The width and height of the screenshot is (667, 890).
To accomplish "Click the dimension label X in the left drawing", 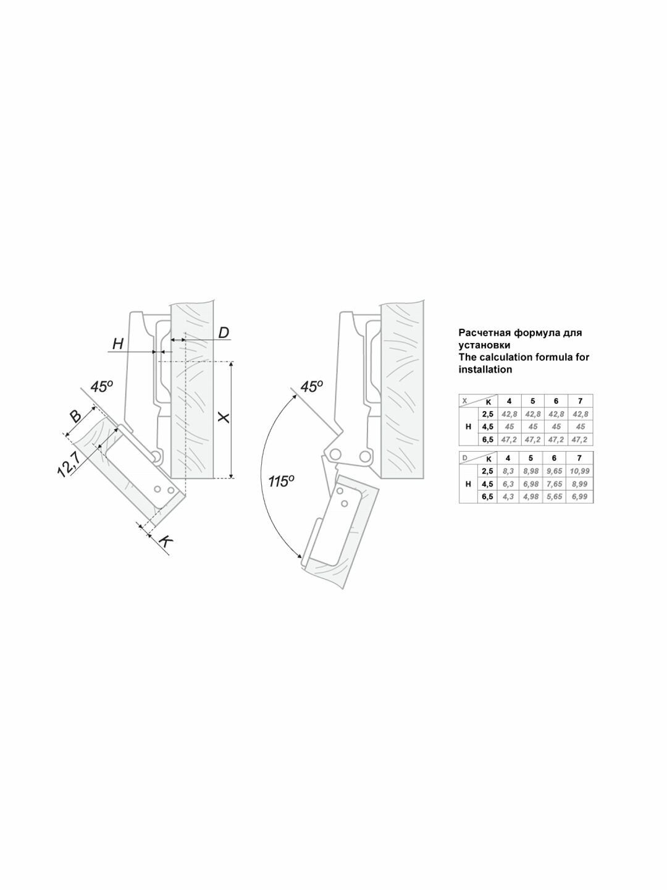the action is tap(224, 418).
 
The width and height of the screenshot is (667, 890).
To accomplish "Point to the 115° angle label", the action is tap(281, 481).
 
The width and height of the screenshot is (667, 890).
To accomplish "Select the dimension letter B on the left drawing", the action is tap(75, 417).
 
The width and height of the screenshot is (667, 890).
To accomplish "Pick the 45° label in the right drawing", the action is tap(311, 386).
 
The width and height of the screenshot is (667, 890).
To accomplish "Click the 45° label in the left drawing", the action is tap(101, 386).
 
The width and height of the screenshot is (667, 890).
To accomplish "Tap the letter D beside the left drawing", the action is tap(224, 333).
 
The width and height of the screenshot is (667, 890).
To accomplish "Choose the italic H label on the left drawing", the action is tap(118, 345).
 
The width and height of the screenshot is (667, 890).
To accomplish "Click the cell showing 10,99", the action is tap(580, 471).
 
